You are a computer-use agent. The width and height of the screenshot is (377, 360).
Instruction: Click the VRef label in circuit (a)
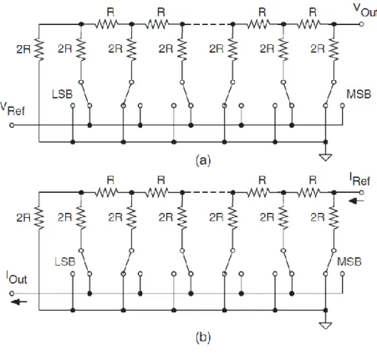(x=13, y=109)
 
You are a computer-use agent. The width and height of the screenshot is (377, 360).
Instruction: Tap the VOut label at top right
(x=365, y=10)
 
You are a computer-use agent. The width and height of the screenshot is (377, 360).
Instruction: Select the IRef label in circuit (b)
(x=359, y=179)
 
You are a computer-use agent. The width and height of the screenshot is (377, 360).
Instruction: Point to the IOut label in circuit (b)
(x=17, y=277)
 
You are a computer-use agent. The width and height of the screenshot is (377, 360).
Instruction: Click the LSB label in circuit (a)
(x=62, y=94)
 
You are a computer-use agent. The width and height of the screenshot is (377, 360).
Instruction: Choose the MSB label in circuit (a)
(x=359, y=94)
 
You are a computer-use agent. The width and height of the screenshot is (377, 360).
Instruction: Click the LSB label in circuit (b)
(x=65, y=261)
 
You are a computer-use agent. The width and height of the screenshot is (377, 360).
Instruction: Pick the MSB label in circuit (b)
(x=349, y=261)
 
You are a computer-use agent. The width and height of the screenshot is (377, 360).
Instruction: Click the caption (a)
(x=203, y=160)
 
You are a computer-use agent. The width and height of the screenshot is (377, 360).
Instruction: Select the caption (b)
(x=203, y=337)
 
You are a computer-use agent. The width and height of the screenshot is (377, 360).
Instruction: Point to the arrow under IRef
(x=356, y=200)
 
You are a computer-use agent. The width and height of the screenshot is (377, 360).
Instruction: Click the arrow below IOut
(x=19, y=302)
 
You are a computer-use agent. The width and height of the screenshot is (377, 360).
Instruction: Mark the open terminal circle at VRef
(x=12, y=125)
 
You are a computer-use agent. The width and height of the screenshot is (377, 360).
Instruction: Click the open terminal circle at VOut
(x=361, y=24)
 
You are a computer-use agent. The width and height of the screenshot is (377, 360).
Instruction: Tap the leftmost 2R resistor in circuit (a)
(x=39, y=50)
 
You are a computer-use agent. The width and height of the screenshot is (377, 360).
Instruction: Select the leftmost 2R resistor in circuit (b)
(x=39, y=218)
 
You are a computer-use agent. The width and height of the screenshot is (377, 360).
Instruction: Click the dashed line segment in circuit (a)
(x=207, y=24)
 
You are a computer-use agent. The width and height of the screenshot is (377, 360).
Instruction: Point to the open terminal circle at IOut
(x=12, y=293)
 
